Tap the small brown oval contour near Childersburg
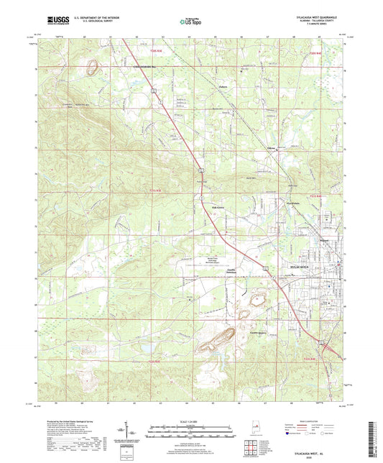pos(92,68)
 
